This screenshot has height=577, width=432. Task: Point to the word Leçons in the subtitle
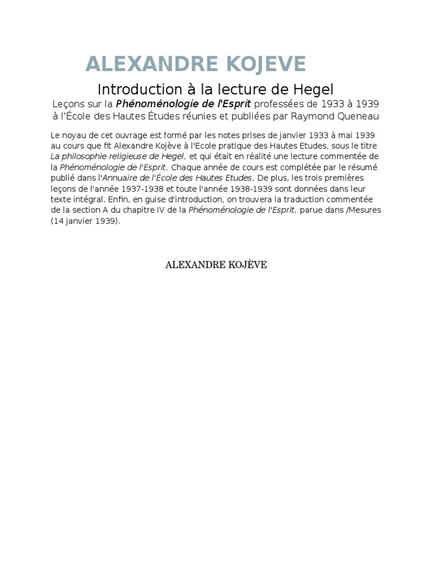click(x=68, y=104)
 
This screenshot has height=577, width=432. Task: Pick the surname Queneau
click(x=357, y=116)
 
